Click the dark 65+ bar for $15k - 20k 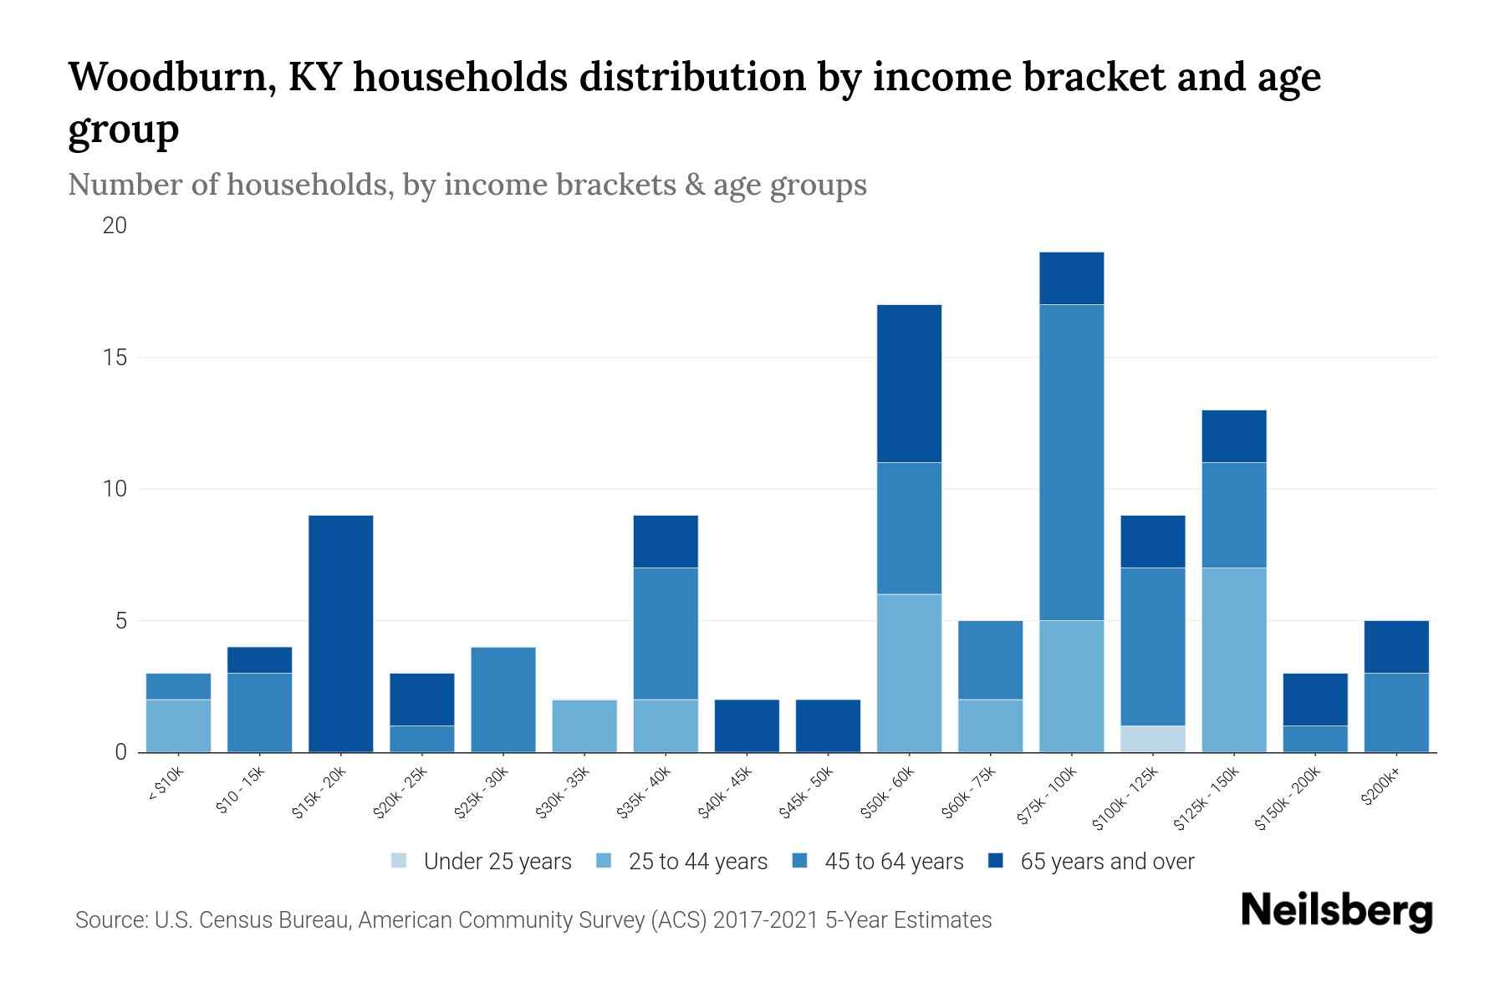tap(340, 634)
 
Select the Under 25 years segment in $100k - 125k tap(1153, 739)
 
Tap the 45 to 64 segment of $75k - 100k tap(1071, 462)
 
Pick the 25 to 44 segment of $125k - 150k tap(1233, 660)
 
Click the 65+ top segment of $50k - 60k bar tap(909, 384)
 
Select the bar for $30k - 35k tap(584, 726)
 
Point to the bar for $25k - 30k tap(503, 700)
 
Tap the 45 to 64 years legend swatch tap(800, 861)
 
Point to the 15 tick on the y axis tap(115, 358)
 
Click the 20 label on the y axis tap(115, 226)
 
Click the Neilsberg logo tap(1336, 911)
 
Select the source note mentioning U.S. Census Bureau tap(533, 920)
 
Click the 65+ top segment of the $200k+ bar tap(1395, 647)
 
